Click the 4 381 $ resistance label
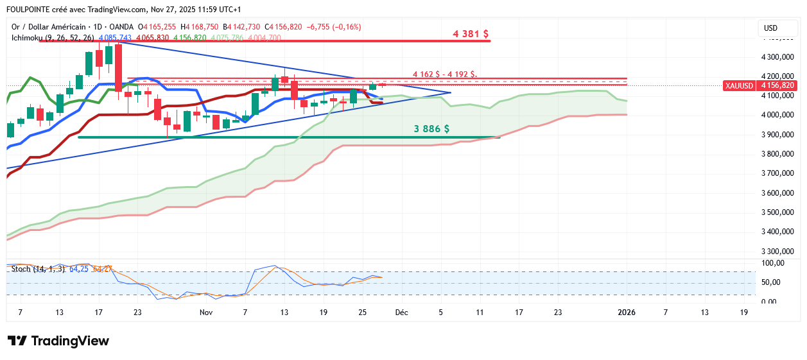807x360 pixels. [471, 33]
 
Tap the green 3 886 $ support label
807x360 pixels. [431, 129]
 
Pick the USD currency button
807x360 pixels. [770, 28]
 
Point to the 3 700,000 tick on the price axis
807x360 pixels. [778, 173]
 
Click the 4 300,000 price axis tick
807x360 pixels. [778, 57]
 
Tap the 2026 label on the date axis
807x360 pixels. [626, 313]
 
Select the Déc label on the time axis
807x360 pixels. [402, 313]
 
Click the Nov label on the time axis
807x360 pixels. [205, 313]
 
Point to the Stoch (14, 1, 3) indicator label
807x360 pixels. [38, 268]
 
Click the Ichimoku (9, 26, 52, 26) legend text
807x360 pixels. [53, 38]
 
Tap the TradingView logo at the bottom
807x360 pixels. [58, 341]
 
